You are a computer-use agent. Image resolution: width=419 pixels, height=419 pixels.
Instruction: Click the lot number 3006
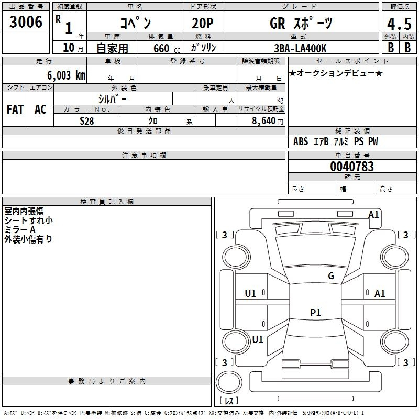[26, 23]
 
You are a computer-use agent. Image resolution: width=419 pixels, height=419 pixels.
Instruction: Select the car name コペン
[135, 23]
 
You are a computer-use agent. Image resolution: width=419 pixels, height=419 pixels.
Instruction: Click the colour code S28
[86, 120]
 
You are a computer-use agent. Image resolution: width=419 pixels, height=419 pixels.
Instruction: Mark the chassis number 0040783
[352, 167]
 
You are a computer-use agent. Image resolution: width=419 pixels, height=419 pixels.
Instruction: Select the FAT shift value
[15, 109]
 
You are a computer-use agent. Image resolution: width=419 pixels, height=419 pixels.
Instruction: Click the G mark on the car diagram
[330, 276]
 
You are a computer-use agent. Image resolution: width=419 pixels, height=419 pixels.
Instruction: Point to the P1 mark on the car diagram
[315, 313]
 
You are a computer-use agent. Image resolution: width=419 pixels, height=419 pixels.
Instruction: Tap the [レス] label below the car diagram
[229, 401]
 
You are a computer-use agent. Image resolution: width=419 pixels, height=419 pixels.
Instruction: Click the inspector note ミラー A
[20, 230]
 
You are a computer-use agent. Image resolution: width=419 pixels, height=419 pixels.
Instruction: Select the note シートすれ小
[28, 220]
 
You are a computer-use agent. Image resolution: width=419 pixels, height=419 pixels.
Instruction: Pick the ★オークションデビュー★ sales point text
[336, 73]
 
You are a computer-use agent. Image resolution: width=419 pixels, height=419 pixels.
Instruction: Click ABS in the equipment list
[301, 141]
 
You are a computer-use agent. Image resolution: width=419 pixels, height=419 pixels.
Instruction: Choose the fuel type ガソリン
[204, 48]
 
